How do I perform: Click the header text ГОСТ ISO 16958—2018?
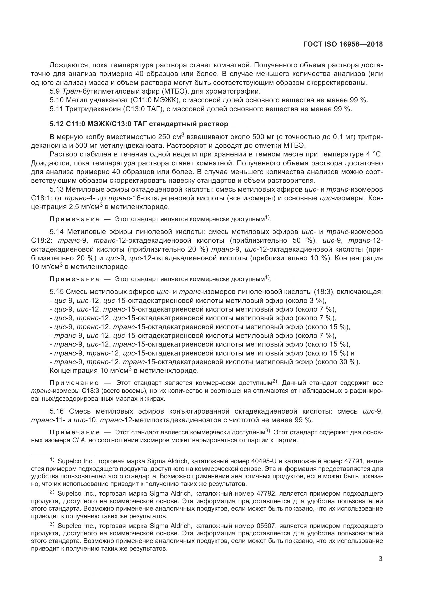[343, 44]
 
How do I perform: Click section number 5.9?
[55, 91]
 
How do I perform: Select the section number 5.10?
[57, 100]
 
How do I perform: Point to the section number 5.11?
[57, 109]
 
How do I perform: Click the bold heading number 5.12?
[57, 124]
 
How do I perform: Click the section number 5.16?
[57, 411]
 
